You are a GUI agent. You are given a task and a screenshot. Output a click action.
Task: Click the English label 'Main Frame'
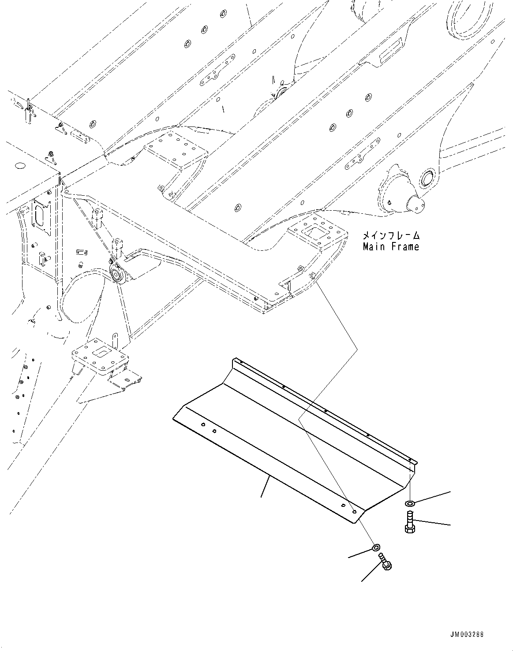click(391, 247)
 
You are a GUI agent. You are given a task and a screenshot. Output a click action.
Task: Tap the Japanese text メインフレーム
click(391, 236)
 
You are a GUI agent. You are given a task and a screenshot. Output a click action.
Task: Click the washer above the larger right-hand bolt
click(410, 503)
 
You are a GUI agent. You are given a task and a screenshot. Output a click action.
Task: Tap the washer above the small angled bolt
click(376, 548)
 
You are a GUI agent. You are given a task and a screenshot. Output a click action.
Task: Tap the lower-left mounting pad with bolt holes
click(101, 355)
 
